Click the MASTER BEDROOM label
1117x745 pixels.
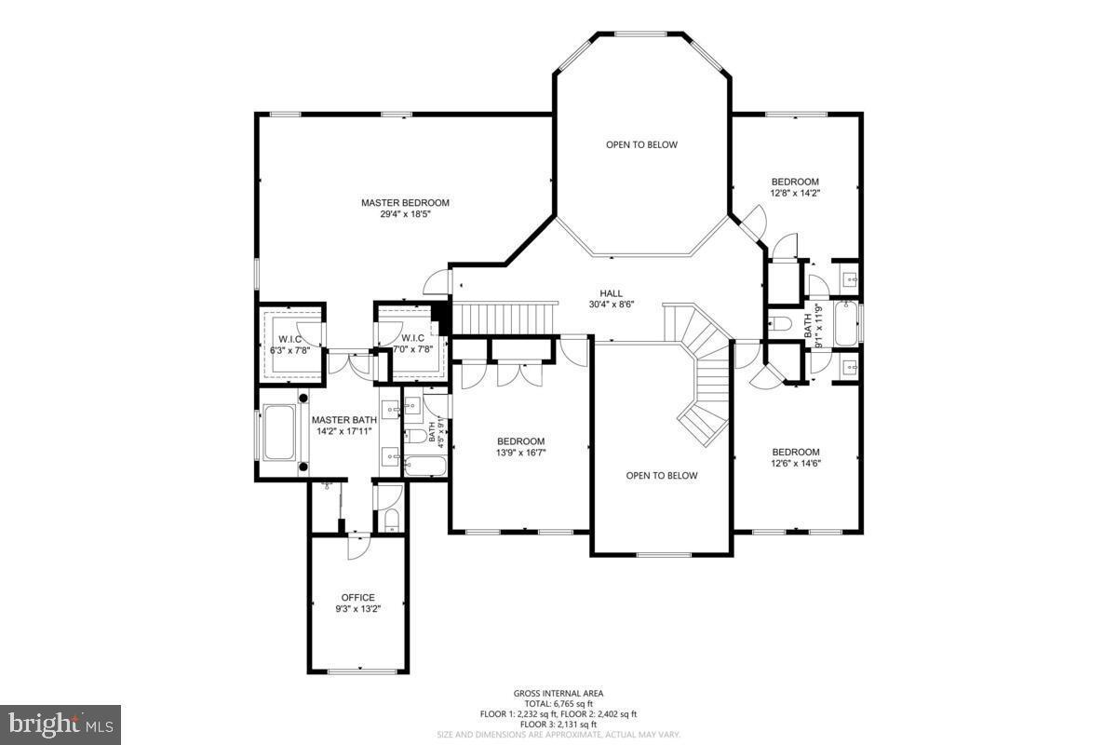coord(405,202)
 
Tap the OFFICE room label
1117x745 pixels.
coord(357,597)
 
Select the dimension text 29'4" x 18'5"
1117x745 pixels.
coord(405,214)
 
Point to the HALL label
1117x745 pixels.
coord(611,292)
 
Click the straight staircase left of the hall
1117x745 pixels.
coord(503,317)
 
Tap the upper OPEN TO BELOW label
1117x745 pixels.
coord(641,144)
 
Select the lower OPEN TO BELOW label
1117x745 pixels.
coord(661,475)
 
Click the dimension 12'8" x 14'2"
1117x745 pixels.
coord(795,194)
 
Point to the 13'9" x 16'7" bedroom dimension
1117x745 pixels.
coord(520,453)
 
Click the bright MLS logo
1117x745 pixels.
coord(61,724)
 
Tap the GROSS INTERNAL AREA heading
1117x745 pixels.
coord(558,693)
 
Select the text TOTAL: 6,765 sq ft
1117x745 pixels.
coord(558,703)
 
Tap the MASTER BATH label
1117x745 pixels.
coord(343,420)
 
